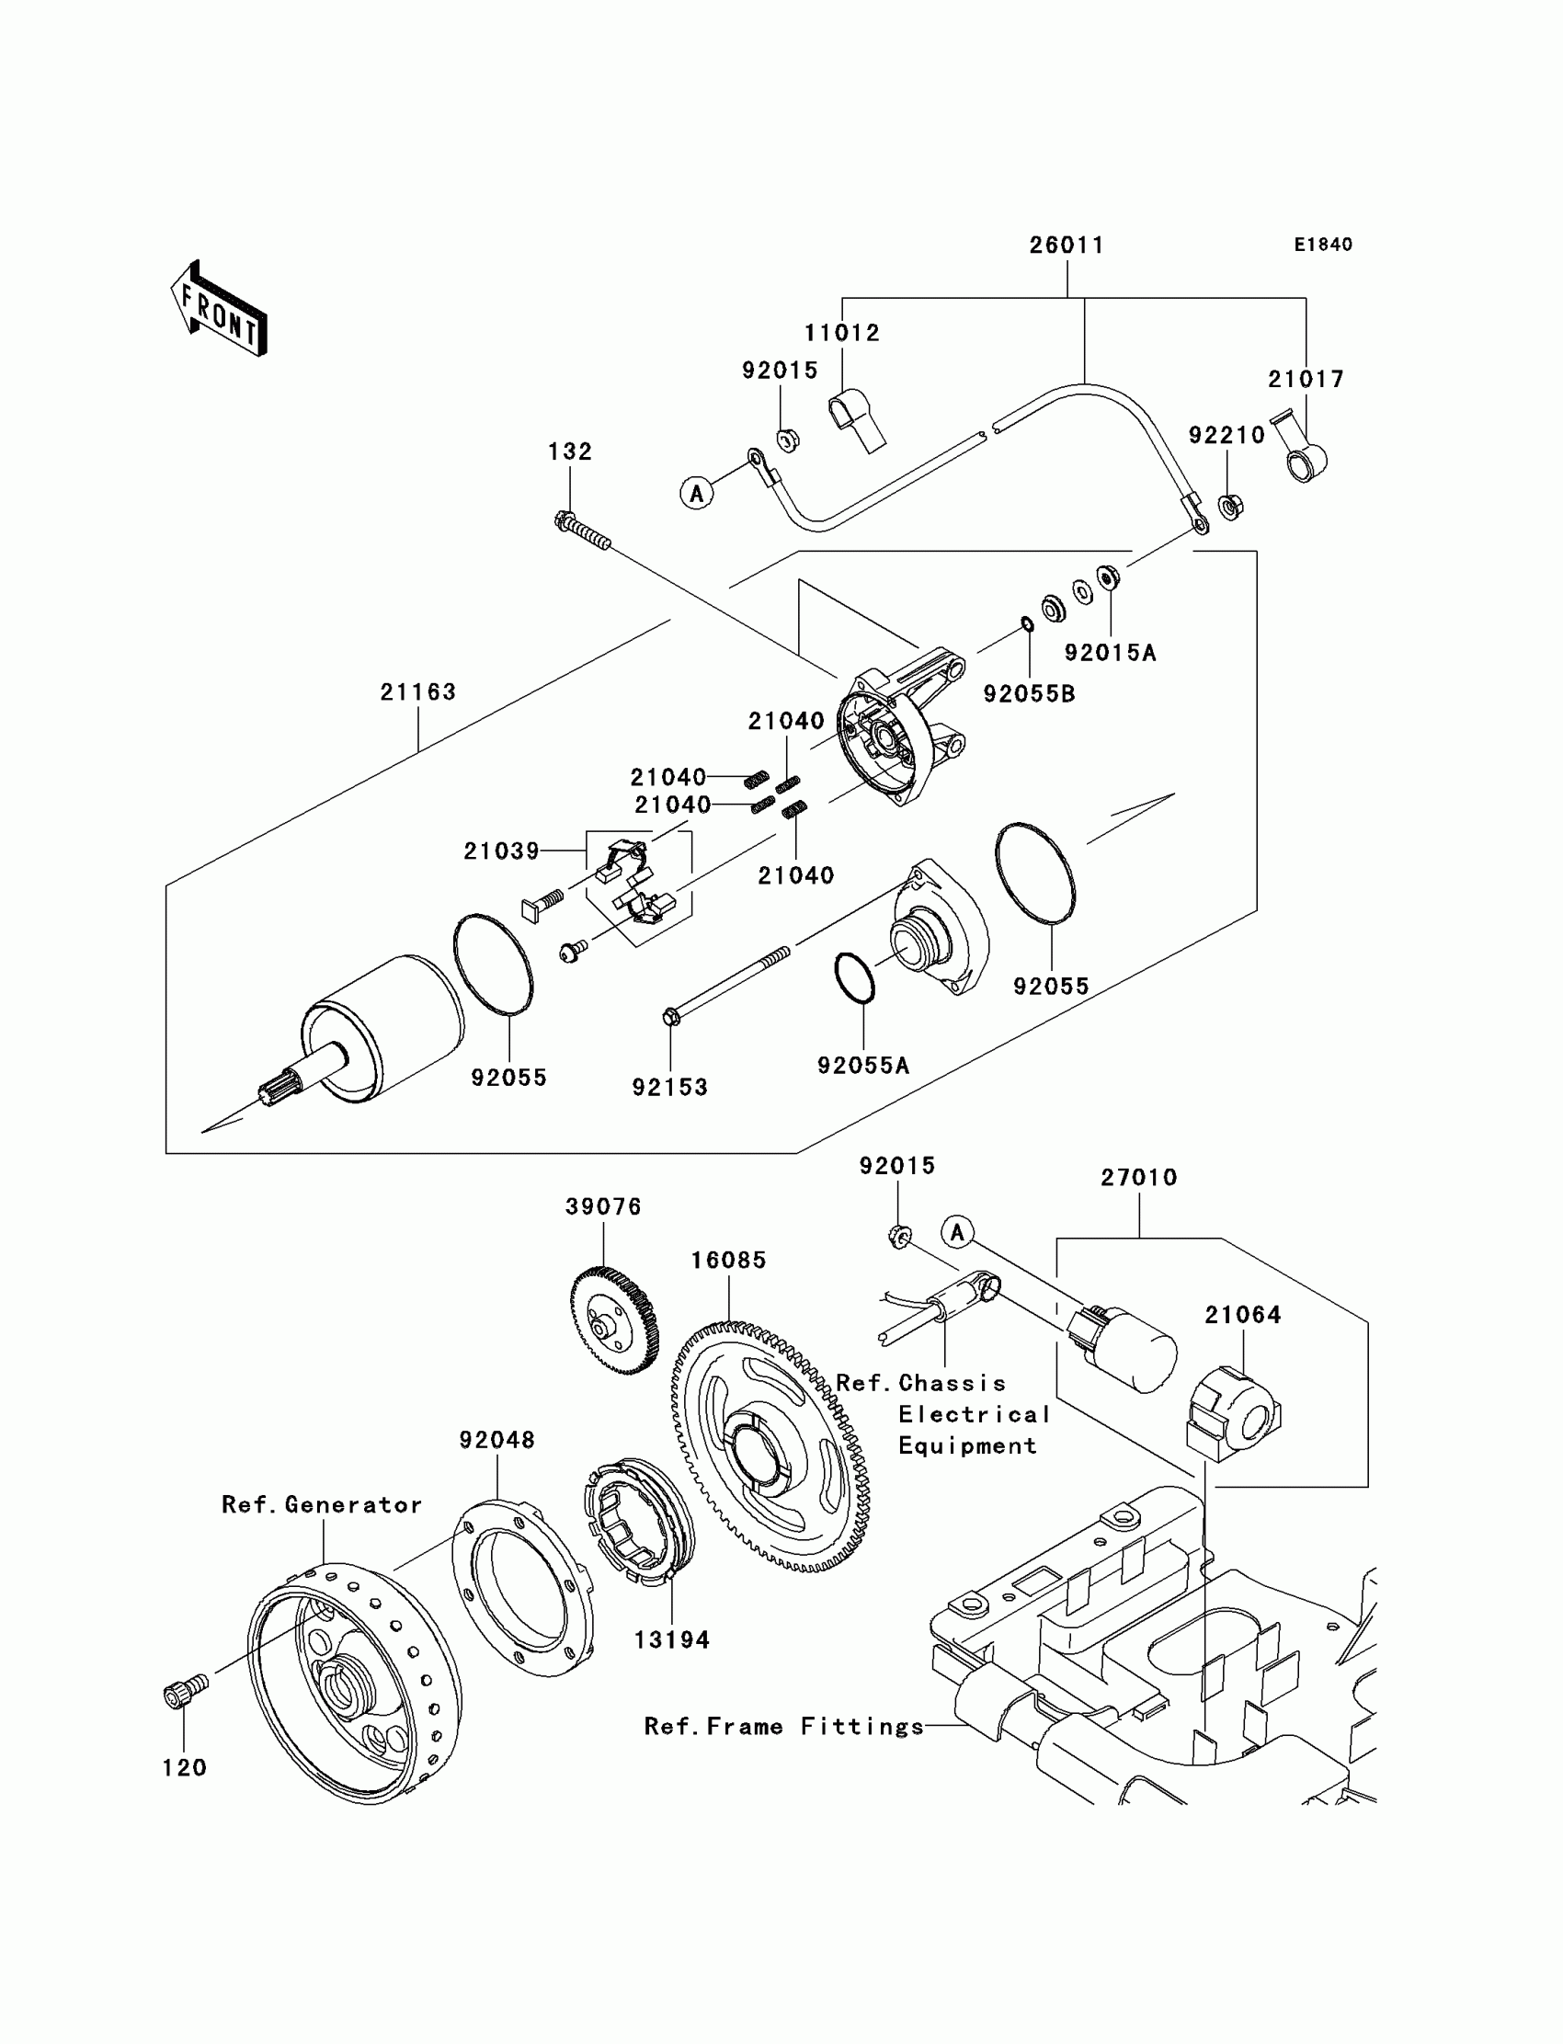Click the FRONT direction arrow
point(220,308)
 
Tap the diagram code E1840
point(1323,245)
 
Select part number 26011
point(1067,246)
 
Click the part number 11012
point(842,333)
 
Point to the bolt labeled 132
point(582,532)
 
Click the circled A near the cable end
point(697,492)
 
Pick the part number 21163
point(417,692)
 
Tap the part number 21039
point(501,851)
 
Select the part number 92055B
point(1029,694)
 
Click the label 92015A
point(1110,653)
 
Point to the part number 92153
point(670,1088)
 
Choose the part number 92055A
point(862,1067)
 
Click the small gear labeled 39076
point(614,1320)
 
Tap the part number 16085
point(728,1261)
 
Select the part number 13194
point(672,1640)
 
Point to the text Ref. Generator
point(322,1505)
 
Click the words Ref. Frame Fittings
point(784,1727)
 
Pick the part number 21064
point(1243,1316)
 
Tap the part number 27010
point(1139,1178)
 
